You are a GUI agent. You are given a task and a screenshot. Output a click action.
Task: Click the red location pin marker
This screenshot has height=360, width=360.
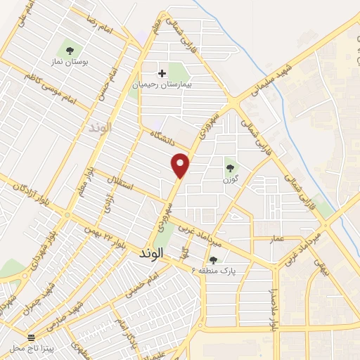click(181, 165)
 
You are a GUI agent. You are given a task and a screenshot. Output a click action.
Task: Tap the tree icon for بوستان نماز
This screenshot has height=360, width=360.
click(70, 49)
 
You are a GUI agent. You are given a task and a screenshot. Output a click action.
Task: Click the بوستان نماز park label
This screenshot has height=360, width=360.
click(70, 63)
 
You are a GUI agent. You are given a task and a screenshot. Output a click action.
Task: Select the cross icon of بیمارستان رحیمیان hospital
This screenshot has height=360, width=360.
click(162, 72)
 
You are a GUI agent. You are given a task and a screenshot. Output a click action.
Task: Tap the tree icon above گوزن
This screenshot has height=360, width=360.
click(230, 167)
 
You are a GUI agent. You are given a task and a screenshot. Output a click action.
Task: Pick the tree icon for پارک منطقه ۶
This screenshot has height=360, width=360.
click(213, 260)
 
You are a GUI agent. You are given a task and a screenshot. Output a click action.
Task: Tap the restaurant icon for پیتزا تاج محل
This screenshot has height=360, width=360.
click(30, 337)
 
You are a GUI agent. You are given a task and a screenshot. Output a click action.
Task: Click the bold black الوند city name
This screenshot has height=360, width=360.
click(147, 251)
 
